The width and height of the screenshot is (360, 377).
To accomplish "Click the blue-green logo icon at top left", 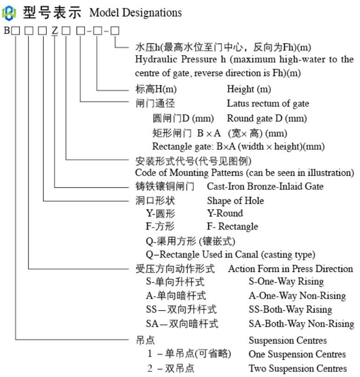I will [9, 12].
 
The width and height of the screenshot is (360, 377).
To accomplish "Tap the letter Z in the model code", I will [55, 32].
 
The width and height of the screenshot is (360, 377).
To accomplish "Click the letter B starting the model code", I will [7, 32].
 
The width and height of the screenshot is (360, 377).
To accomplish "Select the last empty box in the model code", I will [114, 32].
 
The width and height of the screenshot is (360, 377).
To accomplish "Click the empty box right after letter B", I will [16, 32].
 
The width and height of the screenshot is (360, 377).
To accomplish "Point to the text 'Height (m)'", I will [248, 89].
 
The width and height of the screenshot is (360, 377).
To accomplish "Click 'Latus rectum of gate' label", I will [268, 103].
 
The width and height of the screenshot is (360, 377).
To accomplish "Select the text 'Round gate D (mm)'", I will [267, 118].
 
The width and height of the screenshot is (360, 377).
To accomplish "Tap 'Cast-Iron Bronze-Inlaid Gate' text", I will [265, 187].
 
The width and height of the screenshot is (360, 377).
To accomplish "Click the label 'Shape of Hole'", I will [235, 201].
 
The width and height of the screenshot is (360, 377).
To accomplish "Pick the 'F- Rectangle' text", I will [232, 227].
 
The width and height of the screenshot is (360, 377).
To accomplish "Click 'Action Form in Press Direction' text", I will [290, 269].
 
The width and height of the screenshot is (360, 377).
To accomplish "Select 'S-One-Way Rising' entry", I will [286, 282].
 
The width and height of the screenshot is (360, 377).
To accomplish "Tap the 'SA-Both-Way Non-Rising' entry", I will [301, 323].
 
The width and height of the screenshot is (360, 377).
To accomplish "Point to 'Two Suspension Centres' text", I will [297, 368].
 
